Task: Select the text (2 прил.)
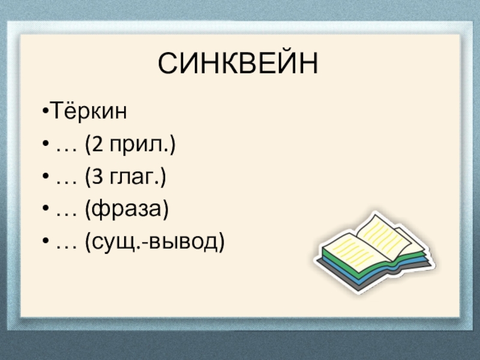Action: [130, 145]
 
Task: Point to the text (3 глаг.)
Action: [125, 178]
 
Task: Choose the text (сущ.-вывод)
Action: [155, 242]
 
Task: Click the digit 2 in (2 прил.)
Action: [96, 145]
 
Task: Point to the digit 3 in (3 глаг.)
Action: [96, 178]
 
